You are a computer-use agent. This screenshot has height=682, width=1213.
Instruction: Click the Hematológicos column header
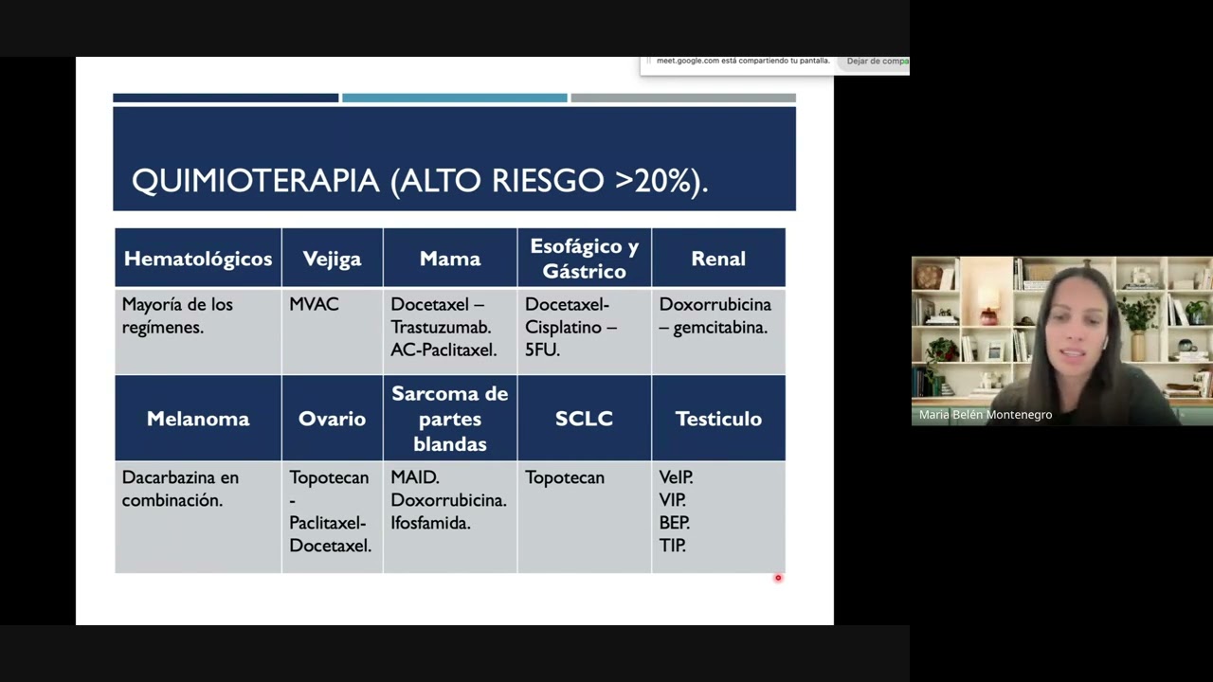click(x=197, y=259)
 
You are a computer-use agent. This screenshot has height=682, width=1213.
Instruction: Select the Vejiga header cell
click(x=332, y=259)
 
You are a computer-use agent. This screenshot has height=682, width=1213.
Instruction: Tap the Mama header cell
click(x=450, y=259)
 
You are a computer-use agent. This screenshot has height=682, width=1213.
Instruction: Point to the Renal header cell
click(x=718, y=259)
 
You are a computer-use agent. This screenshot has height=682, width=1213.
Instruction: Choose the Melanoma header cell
click(x=197, y=419)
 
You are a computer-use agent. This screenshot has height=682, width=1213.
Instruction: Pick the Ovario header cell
click(x=332, y=419)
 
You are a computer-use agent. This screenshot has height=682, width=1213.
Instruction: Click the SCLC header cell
click(x=584, y=419)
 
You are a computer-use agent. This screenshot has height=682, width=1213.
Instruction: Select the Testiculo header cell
click(x=718, y=419)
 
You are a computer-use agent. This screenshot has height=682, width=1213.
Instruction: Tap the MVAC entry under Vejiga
click(x=314, y=304)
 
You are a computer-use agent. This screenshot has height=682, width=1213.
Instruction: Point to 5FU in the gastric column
click(x=542, y=350)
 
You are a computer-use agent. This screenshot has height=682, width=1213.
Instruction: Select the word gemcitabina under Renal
click(x=720, y=327)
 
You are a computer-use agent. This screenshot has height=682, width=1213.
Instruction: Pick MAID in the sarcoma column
click(x=414, y=477)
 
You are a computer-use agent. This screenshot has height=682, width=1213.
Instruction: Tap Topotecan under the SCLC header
click(x=565, y=477)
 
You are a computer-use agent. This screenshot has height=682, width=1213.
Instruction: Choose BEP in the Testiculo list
click(x=674, y=523)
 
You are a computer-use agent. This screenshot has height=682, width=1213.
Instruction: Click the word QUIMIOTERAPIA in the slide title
click(x=255, y=181)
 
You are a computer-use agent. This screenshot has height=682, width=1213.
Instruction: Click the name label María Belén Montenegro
click(x=985, y=415)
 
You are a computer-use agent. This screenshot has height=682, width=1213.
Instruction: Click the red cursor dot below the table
click(x=778, y=578)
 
